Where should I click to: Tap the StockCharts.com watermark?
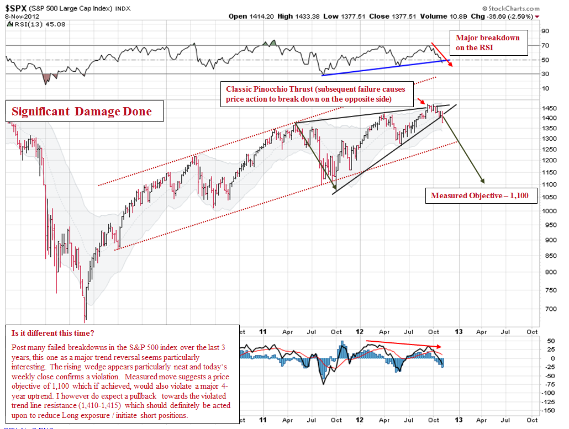click(x=510, y=9)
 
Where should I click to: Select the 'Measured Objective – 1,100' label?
click(x=481, y=195)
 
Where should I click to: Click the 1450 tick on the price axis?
click(x=549, y=108)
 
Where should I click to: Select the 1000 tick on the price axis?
click(x=549, y=210)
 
